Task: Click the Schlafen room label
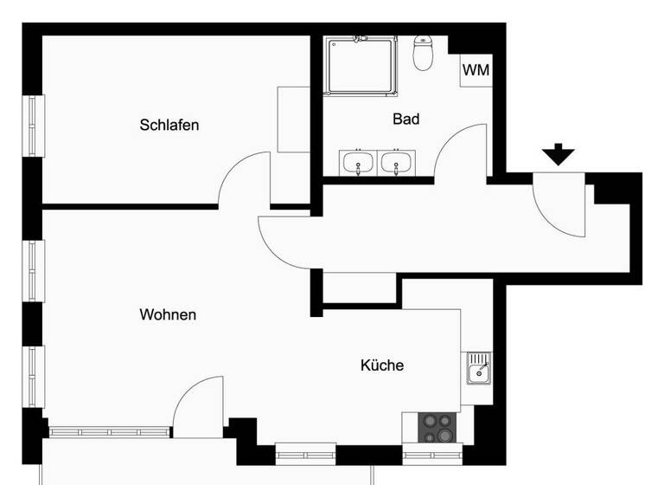pos(169,125)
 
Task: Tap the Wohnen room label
pos(168,314)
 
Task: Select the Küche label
pos(381,365)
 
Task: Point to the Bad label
pos(405,119)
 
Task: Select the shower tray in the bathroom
pos(361,65)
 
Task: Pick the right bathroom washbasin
pos(397,162)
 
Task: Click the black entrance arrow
pos(559,155)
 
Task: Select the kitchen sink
pos(478,368)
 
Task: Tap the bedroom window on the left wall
pos(33,126)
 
